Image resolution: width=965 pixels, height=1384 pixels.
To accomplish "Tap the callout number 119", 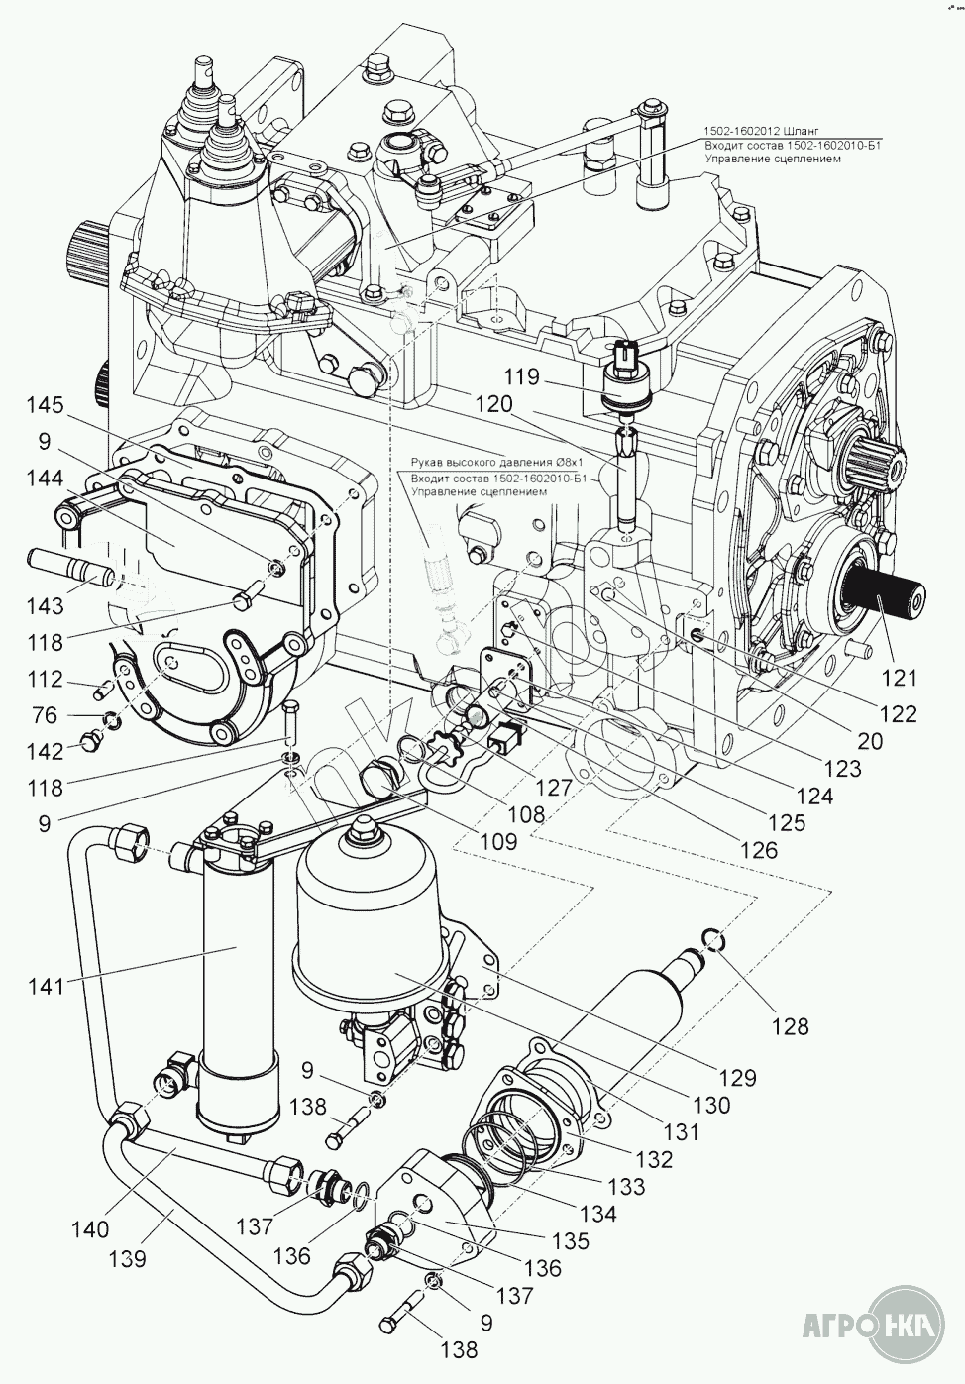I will coord(519,377).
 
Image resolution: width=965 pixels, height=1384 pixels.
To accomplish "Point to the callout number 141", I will coord(46,986).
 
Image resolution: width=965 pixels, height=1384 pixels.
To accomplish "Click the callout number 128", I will coord(789,1026).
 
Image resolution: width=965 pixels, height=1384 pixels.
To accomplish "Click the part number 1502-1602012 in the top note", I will coord(742,131).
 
